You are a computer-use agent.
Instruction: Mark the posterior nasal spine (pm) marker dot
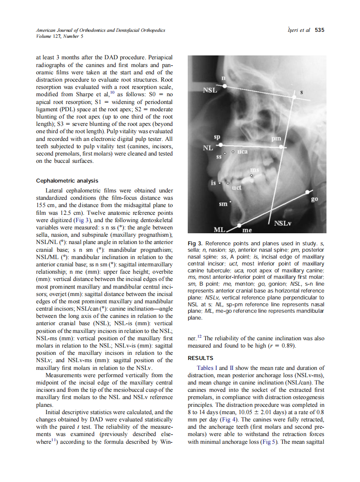282,146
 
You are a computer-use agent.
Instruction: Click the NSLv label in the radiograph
283,223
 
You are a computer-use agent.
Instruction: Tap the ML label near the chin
220,230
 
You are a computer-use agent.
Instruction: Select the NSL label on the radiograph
210,91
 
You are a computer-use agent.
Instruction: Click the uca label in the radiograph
243,152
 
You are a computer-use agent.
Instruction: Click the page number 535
319,30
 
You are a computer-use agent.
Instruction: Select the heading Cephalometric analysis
67,181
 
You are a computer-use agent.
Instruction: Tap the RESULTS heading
201,358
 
